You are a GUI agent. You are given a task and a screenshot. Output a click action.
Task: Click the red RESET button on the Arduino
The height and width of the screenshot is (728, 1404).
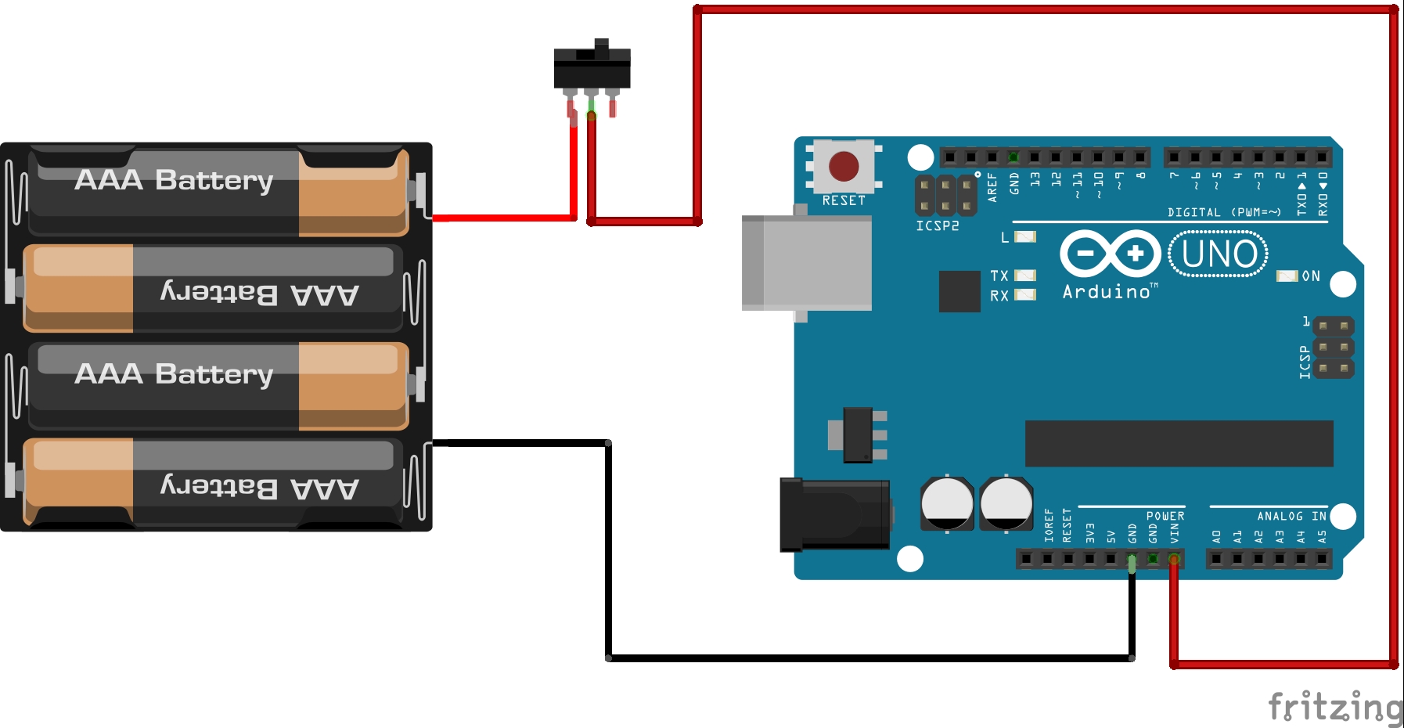pyautogui.click(x=844, y=166)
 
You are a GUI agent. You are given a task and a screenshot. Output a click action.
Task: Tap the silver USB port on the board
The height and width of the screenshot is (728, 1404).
pyautogui.click(x=807, y=264)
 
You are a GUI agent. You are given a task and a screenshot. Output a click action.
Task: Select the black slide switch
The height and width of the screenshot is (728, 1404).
pyautogui.click(x=592, y=69)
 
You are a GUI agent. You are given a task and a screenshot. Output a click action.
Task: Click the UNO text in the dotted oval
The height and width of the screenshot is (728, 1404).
pyautogui.click(x=1219, y=254)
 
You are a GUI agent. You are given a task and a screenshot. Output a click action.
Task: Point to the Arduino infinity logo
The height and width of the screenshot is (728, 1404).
pyautogui.click(x=1110, y=254)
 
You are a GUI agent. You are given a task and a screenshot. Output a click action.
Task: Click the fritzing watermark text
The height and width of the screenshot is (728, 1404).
pyautogui.click(x=1334, y=706)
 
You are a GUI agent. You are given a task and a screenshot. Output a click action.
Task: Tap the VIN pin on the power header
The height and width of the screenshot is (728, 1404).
pyautogui.click(x=1173, y=559)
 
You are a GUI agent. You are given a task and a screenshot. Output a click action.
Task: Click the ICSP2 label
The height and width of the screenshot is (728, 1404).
pyautogui.click(x=937, y=226)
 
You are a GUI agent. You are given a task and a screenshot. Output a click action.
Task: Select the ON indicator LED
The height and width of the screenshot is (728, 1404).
pyautogui.click(x=1287, y=276)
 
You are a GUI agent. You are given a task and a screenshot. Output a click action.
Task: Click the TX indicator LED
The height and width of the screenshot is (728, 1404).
pyautogui.click(x=1025, y=276)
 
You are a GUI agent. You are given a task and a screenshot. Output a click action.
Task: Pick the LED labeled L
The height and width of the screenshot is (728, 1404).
pyautogui.click(x=1025, y=236)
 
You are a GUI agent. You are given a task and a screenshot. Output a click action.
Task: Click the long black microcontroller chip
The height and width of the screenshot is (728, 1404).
pyautogui.click(x=1179, y=443)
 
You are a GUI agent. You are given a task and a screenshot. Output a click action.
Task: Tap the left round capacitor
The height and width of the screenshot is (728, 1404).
pyautogui.click(x=947, y=503)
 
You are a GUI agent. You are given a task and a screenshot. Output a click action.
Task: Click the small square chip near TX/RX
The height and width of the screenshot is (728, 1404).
pyautogui.click(x=959, y=291)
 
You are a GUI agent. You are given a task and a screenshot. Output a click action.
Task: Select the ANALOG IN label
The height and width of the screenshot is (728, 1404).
pyautogui.click(x=1291, y=517)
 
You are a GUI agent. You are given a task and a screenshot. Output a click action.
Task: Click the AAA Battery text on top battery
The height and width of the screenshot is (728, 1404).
pyautogui.click(x=174, y=180)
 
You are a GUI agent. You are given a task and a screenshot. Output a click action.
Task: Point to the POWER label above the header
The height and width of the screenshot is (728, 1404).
pyautogui.click(x=1165, y=517)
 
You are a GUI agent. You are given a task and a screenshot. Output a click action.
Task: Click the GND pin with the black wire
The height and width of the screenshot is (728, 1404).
pyautogui.click(x=1132, y=559)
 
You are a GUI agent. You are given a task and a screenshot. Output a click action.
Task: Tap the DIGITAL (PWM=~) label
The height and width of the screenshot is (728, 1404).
pyautogui.click(x=1224, y=212)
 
